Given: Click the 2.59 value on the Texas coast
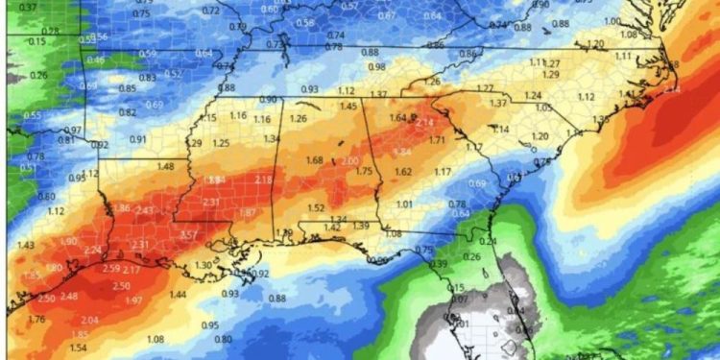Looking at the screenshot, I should click(x=110, y=269).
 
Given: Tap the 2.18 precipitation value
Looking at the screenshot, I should click(x=264, y=180).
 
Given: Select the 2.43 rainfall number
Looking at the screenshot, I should click(x=145, y=210).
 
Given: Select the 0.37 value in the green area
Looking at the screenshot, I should click(x=29, y=7).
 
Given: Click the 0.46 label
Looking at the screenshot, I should click(x=96, y=60).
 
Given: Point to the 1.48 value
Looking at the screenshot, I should click(x=165, y=166).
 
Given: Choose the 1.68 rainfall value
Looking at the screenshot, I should click(x=314, y=159).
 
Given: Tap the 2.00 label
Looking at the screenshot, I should click(x=349, y=160).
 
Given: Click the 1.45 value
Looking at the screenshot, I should click(x=348, y=106).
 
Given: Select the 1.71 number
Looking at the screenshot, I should click(x=437, y=140).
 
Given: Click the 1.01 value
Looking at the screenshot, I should click(x=404, y=204).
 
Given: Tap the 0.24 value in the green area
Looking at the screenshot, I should click(x=488, y=241).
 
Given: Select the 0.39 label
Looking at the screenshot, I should click(x=440, y=264).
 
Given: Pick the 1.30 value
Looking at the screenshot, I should click(x=203, y=265).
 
